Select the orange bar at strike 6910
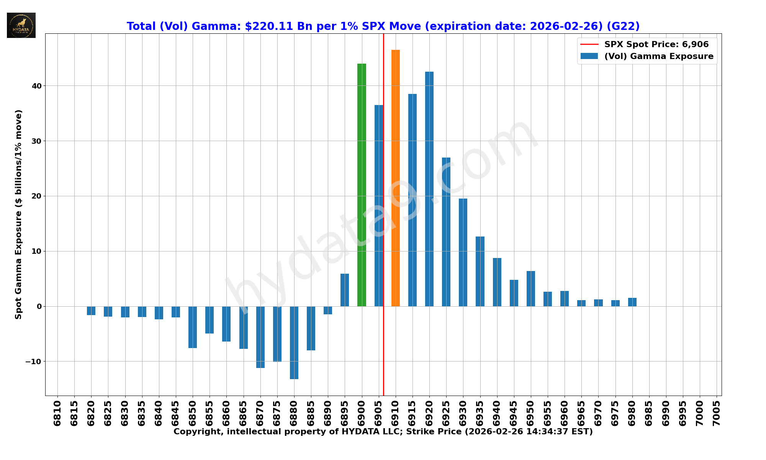coord(395,178)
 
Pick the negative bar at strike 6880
coord(294,342)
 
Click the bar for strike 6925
coord(446,232)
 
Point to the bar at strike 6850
coord(193,327)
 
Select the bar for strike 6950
coord(530,289)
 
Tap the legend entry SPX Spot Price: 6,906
coord(656,44)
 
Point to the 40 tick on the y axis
coord(37,86)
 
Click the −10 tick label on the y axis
coord(34,362)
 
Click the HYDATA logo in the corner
coord(21,25)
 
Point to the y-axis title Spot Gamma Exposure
coord(18,214)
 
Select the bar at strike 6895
coord(345,290)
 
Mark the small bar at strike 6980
coord(632,302)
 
